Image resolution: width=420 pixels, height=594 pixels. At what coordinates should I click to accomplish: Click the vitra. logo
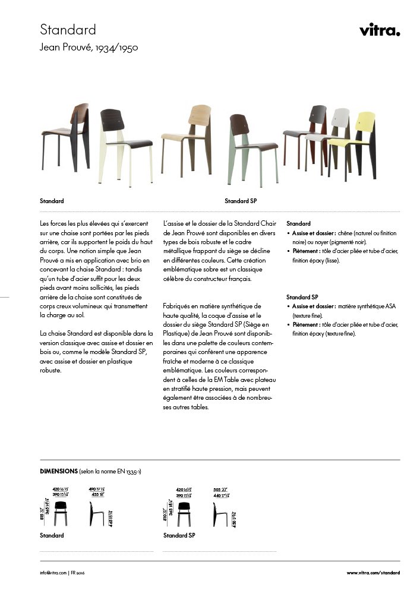380,30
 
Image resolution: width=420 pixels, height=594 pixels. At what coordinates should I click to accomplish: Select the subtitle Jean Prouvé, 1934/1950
89,48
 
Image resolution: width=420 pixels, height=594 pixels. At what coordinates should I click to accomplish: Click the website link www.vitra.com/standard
373,573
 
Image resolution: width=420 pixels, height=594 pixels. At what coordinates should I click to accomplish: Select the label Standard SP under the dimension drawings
179,536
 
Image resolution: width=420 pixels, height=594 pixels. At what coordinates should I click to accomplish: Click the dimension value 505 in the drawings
217,489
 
